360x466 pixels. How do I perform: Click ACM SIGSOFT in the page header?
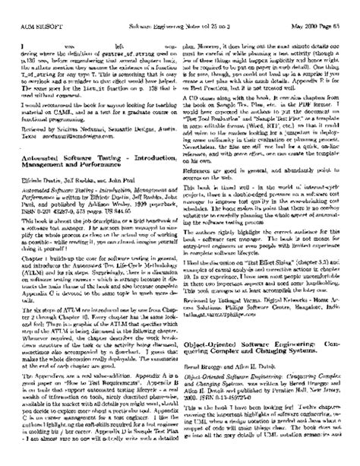click(30, 8)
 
